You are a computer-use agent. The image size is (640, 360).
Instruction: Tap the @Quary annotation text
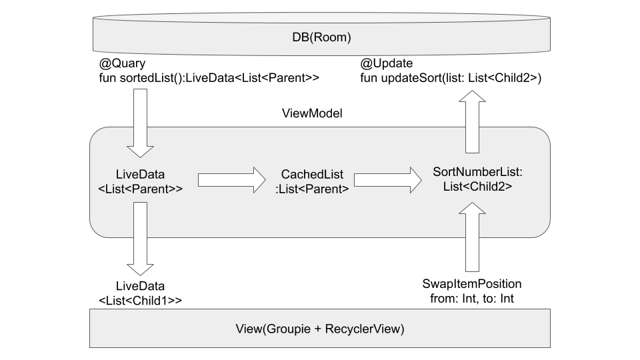122,64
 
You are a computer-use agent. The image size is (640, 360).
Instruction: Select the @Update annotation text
387,64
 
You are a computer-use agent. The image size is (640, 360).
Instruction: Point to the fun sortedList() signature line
209,79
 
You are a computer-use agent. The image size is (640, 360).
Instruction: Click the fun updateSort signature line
451,79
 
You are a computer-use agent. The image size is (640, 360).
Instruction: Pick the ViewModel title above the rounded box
313,114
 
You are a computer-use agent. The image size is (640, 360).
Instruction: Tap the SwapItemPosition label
472,283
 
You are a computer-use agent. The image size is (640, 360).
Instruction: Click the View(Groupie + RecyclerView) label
320,329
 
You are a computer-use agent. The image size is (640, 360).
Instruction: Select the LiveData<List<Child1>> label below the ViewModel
140,293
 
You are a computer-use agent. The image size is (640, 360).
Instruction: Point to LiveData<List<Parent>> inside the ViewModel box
140,181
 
